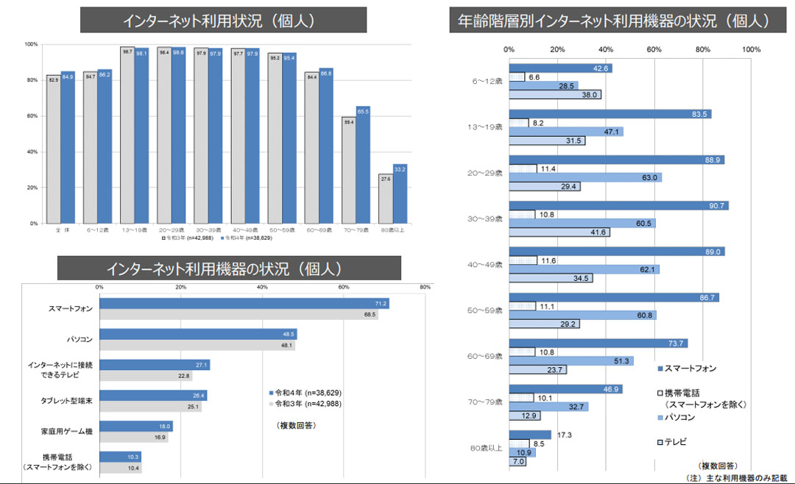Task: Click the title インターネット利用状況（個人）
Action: [x=222, y=21]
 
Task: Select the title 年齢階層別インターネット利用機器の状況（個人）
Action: [x=613, y=20]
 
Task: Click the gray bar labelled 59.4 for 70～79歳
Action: [x=348, y=171]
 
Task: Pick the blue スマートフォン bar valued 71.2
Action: [x=244, y=303]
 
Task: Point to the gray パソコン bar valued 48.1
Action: [x=197, y=345]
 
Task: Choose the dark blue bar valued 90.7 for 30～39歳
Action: [x=618, y=205]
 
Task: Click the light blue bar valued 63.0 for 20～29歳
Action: [x=585, y=177]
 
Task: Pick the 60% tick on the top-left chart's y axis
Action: [x=32, y=116]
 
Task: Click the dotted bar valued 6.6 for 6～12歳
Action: [x=517, y=76]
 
